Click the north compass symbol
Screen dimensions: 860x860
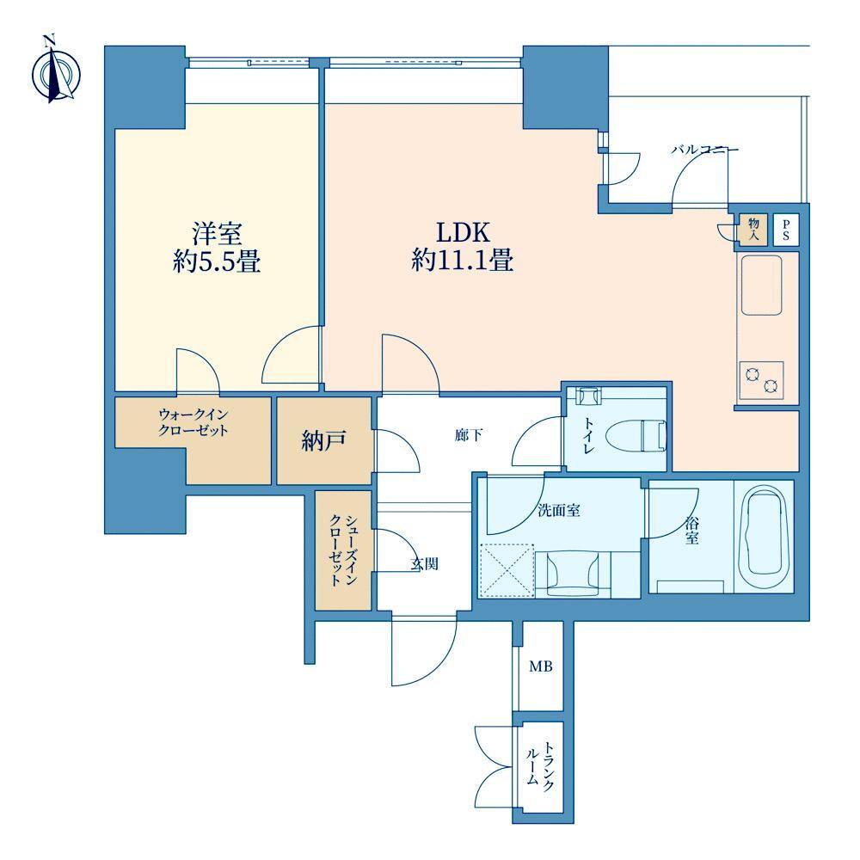click(56, 72)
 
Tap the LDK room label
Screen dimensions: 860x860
click(463, 233)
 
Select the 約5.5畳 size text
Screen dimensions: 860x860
click(217, 261)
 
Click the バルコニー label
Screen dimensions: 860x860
click(705, 149)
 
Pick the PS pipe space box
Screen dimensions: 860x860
click(786, 230)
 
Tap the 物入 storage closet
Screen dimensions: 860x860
click(753, 230)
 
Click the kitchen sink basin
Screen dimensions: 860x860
click(761, 286)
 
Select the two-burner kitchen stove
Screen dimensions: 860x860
click(761, 380)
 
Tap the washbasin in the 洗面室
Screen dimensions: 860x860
click(574, 573)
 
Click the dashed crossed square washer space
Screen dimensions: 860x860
click(507, 570)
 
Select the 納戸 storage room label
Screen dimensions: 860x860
click(323, 440)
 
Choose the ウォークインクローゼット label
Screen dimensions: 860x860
click(193, 421)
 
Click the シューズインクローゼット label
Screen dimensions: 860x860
click(343, 550)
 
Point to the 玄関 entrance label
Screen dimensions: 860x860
click(425, 564)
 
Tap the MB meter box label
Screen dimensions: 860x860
click(540, 666)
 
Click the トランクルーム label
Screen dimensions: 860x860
click(540, 766)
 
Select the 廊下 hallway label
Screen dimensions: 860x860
click(469, 435)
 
